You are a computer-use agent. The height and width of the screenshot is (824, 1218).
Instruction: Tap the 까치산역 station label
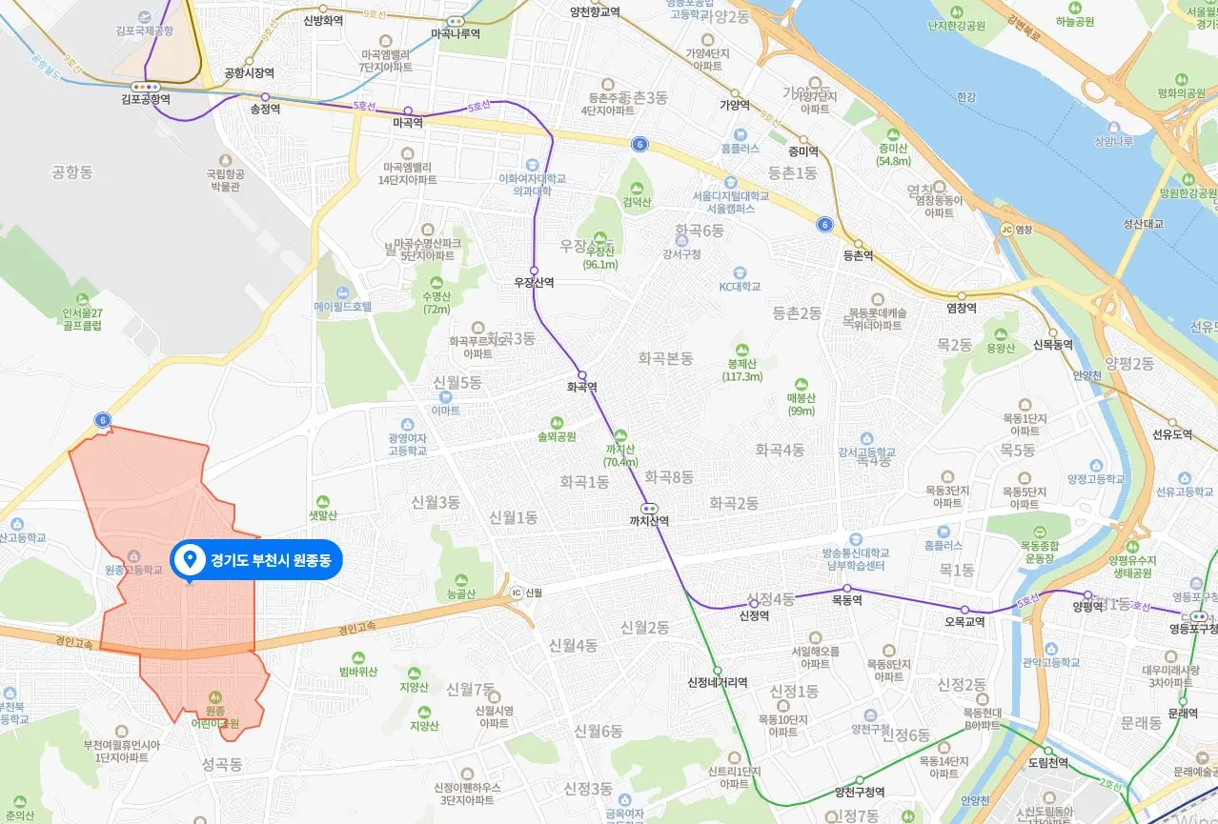pos(649,521)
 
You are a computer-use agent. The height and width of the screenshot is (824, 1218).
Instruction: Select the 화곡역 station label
pos(581,387)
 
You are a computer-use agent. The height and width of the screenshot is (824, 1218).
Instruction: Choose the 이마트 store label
pos(445,411)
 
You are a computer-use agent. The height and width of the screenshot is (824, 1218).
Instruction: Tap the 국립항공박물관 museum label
pos(225,180)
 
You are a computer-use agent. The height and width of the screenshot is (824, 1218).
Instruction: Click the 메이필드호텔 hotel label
pos(343,307)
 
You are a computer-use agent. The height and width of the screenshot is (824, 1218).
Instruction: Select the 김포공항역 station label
pos(145,98)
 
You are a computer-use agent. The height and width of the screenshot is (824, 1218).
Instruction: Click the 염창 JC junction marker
pos(1016,229)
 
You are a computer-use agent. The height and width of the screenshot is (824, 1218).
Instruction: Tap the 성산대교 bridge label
pos(1144,225)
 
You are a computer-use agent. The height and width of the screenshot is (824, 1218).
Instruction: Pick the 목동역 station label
pos(846,600)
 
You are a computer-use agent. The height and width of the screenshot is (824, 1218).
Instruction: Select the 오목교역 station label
pos(964,621)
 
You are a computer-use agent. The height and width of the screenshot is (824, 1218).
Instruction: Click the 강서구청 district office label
pos(681,253)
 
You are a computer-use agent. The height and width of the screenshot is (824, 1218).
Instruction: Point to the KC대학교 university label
pos(740,286)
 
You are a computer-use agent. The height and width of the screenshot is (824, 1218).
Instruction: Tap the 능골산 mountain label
pos(461,593)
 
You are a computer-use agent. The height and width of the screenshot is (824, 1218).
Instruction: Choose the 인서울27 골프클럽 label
pos(82,319)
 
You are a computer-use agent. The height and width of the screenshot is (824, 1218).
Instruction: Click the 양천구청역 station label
pos(860,792)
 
